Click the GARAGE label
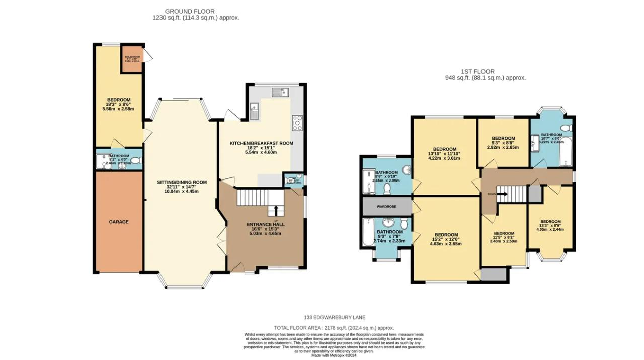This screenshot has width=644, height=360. [x=119, y=222]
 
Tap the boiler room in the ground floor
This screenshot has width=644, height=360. [x=132, y=58]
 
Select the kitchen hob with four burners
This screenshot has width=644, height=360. [x=297, y=123]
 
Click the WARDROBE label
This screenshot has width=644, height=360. [x=386, y=206]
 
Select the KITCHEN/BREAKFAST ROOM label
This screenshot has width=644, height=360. [x=261, y=144]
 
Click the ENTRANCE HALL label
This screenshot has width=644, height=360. [x=266, y=225]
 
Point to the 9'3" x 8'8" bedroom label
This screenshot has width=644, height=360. [x=503, y=138]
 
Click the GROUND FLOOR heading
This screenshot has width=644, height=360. [x=190, y=11]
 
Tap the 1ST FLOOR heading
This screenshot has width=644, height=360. [x=477, y=72]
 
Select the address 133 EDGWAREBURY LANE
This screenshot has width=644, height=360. [x=335, y=317]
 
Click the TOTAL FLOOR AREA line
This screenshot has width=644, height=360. [x=334, y=328]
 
